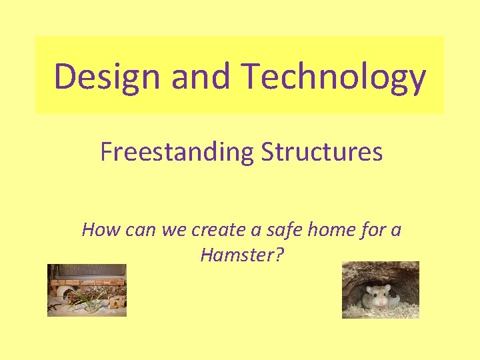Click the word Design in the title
tap(108, 76)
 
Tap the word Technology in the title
tap(334, 76)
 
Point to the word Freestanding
tap(177, 153)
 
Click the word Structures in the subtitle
tap(322, 153)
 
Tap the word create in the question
tap(218, 231)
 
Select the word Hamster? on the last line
tap(241, 255)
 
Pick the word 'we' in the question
tap(175, 231)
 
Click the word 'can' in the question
tap(140, 231)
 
